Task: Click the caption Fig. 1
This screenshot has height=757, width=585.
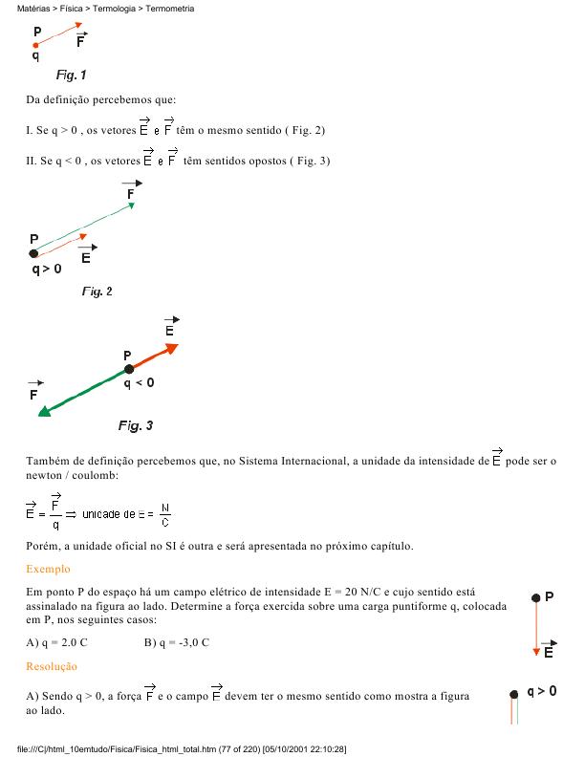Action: [x=71, y=75]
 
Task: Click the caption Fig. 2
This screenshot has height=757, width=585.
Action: [x=97, y=292]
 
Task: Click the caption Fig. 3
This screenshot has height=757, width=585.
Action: [x=135, y=425]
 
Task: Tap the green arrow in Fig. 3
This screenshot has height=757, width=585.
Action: [x=81, y=392]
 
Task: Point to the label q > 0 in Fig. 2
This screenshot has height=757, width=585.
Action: [x=46, y=270]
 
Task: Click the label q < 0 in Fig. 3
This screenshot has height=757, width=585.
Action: [x=140, y=382]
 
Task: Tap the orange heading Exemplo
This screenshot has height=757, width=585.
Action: [x=48, y=569]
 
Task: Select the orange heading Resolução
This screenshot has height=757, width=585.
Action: [x=52, y=665]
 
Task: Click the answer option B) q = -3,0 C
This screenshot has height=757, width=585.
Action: [x=176, y=641]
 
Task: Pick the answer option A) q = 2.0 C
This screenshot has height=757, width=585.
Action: [x=57, y=641]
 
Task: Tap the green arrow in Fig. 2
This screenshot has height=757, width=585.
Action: [x=84, y=227]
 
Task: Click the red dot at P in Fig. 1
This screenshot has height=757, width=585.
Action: [x=35, y=45]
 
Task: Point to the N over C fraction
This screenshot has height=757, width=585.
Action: [x=165, y=515]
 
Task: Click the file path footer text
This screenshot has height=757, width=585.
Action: [x=182, y=749]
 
